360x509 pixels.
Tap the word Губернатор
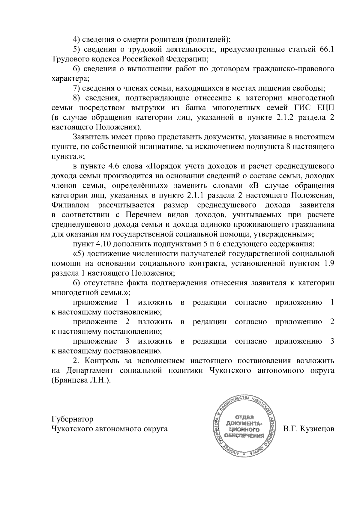[72, 419]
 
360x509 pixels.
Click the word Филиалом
[70, 205]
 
